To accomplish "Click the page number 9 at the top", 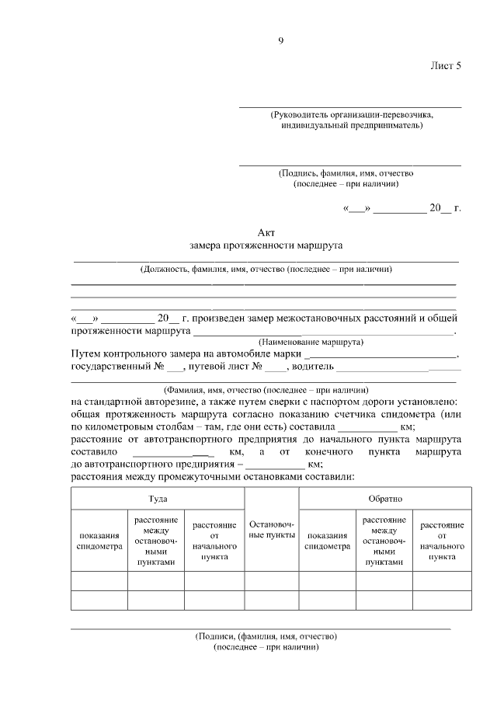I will [x=280, y=41].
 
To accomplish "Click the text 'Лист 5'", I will [x=446, y=66].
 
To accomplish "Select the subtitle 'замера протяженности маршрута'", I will [x=266, y=245].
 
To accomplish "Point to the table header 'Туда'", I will [x=158, y=498].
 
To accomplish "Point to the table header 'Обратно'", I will [x=385, y=498].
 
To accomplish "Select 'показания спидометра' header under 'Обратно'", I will [x=327, y=541].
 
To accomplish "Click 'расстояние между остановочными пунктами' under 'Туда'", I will [x=156, y=541].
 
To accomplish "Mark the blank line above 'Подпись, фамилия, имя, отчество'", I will [x=349, y=165].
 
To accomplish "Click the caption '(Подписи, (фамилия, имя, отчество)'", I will [x=266, y=636].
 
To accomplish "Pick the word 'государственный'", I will [x=109, y=367].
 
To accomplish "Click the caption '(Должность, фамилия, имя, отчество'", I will [x=266, y=270].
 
